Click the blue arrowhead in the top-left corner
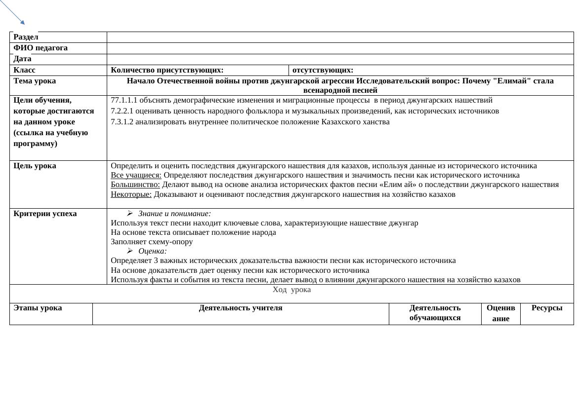[x=22, y=22]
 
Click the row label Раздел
[x=26, y=37]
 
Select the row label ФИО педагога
[x=41, y=48]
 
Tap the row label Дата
[x=22, y=59]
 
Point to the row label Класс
[x=24, y=70]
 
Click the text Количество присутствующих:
[x=167, y=70]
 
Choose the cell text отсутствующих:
[x=323, y=70]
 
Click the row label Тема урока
[x=35, y=81]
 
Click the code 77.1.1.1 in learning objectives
[x=124, y=100]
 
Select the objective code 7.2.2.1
[x=122, y=111]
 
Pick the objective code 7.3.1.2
[x=122, y=122]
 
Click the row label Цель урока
[x=35, y=166]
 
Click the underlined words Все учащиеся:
[x=136, y=175]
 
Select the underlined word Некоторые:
[x=131, y=194]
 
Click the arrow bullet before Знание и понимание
[x=129, y=214]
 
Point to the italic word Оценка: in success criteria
[x=153, y=251]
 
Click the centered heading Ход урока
[x=291, y=290]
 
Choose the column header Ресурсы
[x=547, y=308]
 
